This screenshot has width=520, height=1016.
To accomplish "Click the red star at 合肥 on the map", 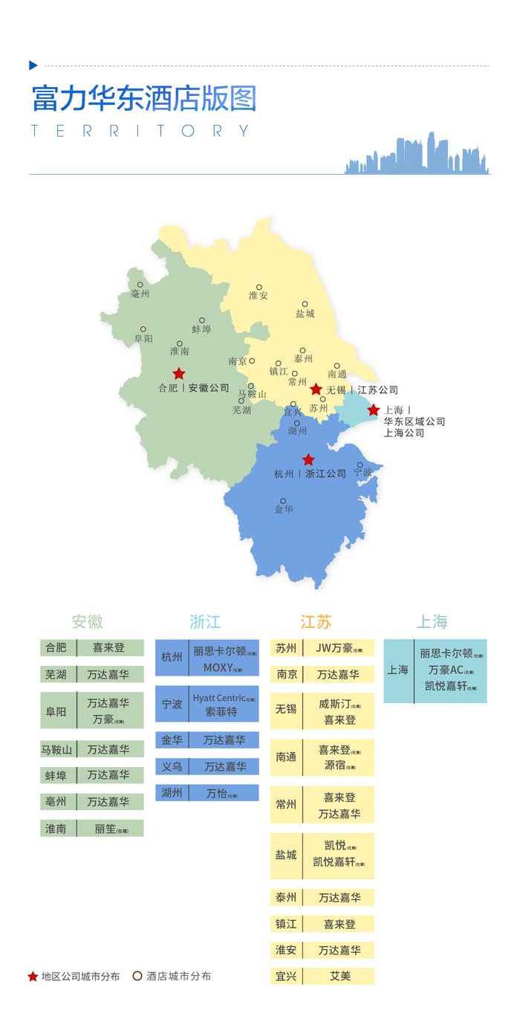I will [x=178, y=374].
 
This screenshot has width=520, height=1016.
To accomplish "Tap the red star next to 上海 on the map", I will [x=373, y=410].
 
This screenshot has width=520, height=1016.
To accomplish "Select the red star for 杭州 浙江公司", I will [x=308, y=460].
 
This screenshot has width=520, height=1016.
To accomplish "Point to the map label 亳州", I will [x=140, y=294].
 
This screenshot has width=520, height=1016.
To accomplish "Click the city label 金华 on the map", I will [x=284, y=510].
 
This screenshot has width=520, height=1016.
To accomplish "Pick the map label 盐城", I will [x=305, y=314].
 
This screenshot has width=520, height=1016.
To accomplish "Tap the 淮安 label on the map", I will [x=259, y=296].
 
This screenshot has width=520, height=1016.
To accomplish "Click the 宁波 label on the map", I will [x=363, y=473].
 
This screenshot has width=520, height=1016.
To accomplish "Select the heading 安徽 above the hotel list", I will [x=87, y=622].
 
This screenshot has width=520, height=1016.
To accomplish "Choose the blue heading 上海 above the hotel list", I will [x=432, y=622].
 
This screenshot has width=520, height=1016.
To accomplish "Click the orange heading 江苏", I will [x=316, y=622].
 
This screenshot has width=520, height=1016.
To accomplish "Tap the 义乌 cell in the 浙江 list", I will [x=172, y=766].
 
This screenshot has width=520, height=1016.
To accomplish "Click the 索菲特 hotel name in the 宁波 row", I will [x=221, y=711].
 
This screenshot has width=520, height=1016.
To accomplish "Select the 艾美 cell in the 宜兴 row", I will [x=339, y=976].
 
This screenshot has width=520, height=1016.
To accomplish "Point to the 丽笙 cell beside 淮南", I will [x=110, y=828].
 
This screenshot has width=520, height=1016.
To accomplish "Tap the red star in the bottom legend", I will [x=33, y=977].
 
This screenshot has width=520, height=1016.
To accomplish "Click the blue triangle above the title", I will [x=33, y=65].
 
